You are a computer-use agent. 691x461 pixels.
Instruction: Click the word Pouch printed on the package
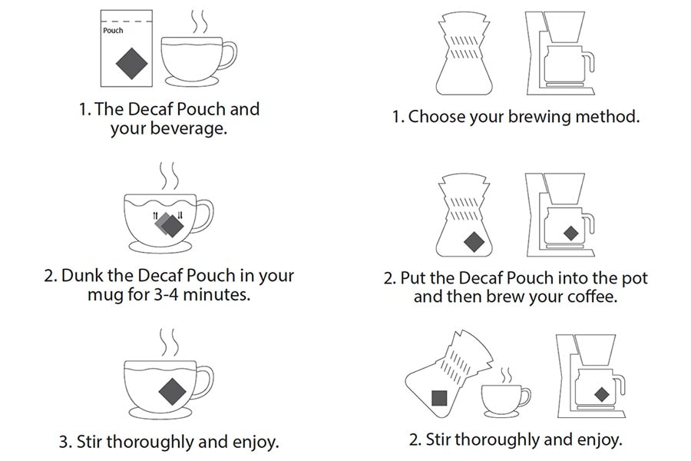tap(113, 31)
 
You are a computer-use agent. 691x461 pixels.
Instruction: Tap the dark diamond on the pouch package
tap(131, 64)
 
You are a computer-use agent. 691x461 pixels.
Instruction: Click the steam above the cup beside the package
tap(199, 22)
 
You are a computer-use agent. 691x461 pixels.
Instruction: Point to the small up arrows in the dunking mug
tap(155, 216)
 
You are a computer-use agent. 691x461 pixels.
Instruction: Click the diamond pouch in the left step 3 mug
tap(172, 391)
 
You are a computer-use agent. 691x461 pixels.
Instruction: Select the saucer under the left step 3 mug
tap(160, 413)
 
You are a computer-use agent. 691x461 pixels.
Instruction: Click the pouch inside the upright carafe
tap(474, 242)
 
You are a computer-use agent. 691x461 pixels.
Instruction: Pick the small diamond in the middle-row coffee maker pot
tap(571, 233)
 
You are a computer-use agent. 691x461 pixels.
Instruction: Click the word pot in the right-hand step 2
tap(635, 278)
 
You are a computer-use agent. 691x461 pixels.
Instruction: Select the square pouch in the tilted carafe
tap(439, 398)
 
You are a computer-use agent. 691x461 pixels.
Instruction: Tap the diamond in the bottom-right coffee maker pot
tap(601, 394)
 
